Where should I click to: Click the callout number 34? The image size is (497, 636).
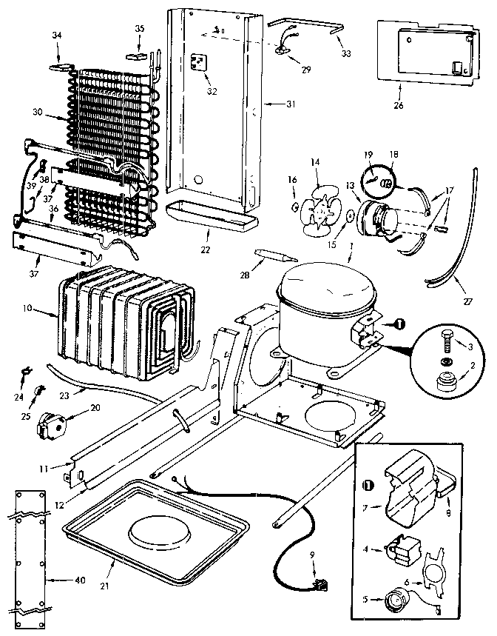pyautogui.click(x=58, y=35)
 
